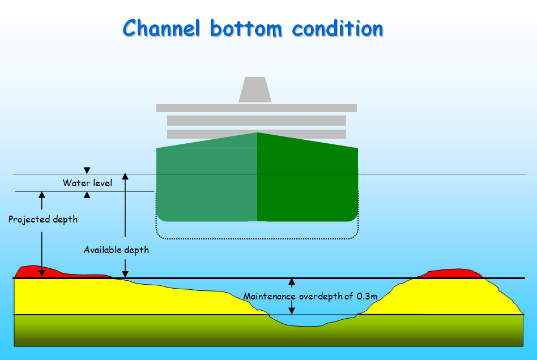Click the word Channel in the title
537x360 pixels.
click(161, 28)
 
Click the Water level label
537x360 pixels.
click(87, 183)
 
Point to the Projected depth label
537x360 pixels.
click(43, 219)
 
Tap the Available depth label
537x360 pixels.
click(116, 250)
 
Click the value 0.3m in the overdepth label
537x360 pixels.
click(367, 296)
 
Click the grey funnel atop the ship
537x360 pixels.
click(254, 90)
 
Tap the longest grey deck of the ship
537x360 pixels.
click(256, 108)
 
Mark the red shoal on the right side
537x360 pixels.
click(451, 273)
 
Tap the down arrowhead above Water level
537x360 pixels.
click(87, 170)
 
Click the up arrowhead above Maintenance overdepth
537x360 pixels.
click(292, 282)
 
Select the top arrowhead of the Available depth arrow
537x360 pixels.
click(125, 177)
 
